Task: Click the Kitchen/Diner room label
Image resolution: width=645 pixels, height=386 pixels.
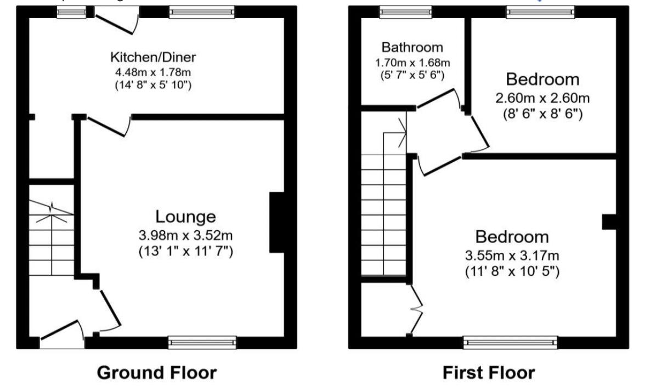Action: pyautogui.click(x=153, y=57)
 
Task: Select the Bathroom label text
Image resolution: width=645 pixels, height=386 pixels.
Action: pyautogui.click(x=412, y=47)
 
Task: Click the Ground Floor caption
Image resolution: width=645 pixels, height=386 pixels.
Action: pyautogui.click(x=156, y=373)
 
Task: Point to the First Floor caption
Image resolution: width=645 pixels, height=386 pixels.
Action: pyautogui.click(x=488, y=373)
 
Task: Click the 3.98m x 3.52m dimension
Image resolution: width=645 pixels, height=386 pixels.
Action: pyautogui.click(x=186, y=236)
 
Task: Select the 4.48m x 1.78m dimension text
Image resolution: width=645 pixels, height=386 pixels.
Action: pyautogui.click(x=154, y=71)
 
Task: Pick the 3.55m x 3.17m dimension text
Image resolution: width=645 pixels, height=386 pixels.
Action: pyautogui.click(x=512, y=256)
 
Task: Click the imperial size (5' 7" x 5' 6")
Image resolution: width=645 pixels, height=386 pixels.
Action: pyautogui.click(x=412, y=75)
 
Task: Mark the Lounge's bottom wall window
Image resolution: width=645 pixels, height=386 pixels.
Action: pyautogui.click(x=202, y=342)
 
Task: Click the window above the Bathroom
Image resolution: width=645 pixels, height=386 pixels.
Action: pyautogui.click(x=406, y=12)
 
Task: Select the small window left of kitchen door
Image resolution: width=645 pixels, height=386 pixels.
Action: pyautogui.click(x=71, y=12)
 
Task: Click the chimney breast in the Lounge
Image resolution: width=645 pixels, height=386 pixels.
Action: pyautogui.click(x=278, y=222)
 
